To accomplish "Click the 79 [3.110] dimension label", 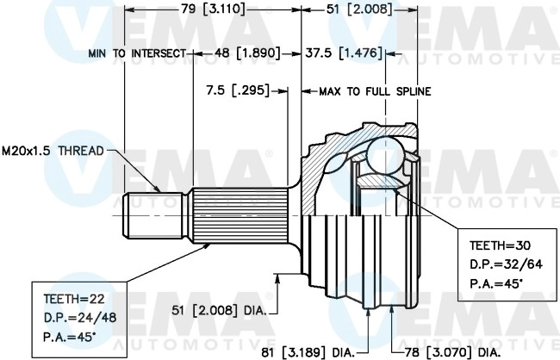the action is click(x=213, y=9).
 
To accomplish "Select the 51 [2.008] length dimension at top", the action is click(x=359, y=9).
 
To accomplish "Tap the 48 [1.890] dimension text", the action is click(x=247, y=53).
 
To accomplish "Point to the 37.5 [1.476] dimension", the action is click(x=344, y=53).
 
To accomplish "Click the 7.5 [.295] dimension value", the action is click(x=238, y=90).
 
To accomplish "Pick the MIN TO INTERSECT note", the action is click(x=137, y=53).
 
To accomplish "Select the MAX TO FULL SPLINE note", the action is click(x=375, y=92).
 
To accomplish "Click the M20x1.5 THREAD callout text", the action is click(x=53, y=151).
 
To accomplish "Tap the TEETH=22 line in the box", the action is click(x=74, y=299).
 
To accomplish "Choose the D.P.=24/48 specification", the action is click(x=80, y=317).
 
